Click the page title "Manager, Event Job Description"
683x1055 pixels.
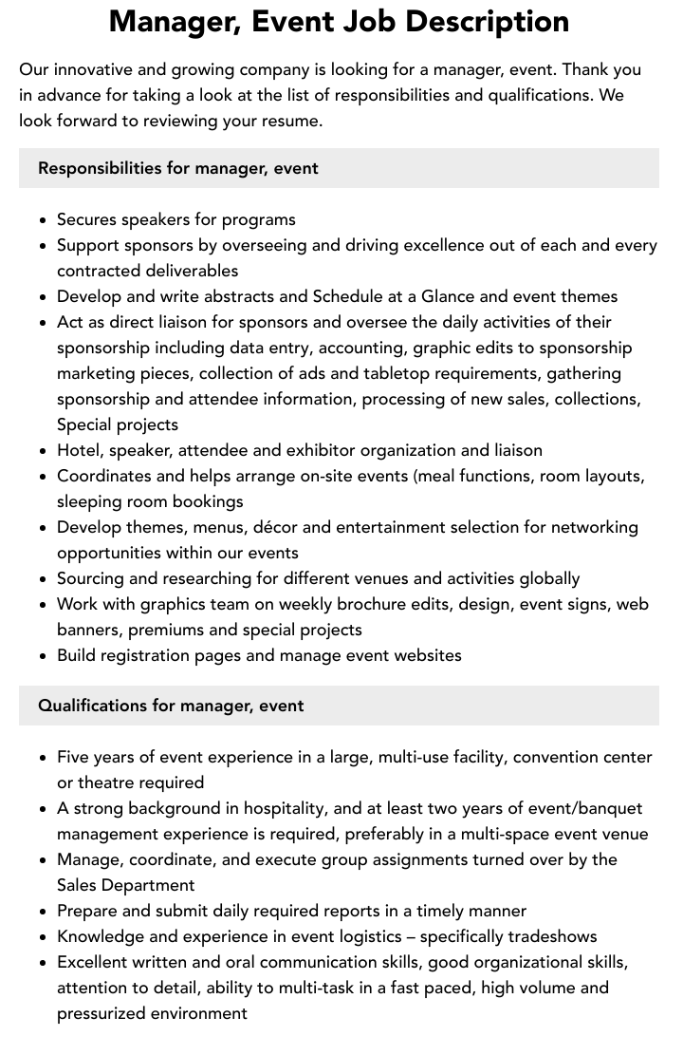point(339,21)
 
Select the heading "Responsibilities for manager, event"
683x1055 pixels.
point(177,168)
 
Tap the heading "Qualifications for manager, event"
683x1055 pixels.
point(171,706)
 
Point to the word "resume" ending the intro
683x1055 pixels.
point(292,121)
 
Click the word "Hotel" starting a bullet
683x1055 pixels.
point(79,450)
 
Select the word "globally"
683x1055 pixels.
point(542,578)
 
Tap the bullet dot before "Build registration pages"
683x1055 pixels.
point(44,656)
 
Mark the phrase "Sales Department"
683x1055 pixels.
point(125,885)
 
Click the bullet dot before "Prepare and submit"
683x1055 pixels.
point(44,912)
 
